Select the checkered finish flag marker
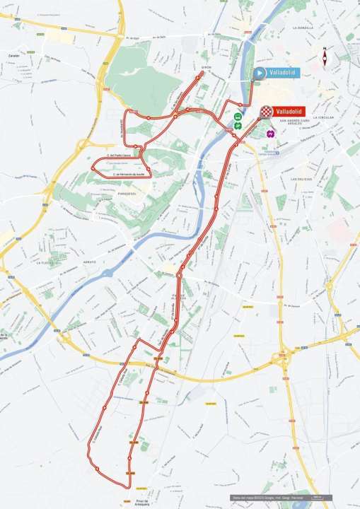click(266, 111)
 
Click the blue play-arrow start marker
click(259, 73)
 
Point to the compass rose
click(325, 59)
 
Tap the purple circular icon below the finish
click(269, 132)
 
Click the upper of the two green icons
click(238, 117)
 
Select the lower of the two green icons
click(238, 125)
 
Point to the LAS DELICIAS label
click(302, 180)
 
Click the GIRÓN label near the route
click(207, 67)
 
